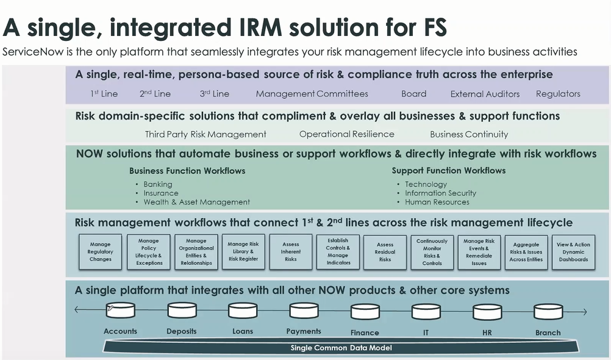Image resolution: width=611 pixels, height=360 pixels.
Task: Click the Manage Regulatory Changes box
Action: tap(100, 251)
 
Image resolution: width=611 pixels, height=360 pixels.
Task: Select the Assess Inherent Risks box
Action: tap(291, 251)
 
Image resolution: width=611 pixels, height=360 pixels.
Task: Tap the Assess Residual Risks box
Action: tap(385, 251)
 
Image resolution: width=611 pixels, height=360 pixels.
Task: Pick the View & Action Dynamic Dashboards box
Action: tap(573, 251)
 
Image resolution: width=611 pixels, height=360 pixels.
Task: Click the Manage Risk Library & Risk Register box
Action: tap(243, 251)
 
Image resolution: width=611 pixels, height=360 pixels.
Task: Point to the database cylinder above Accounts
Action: tap(120, 311)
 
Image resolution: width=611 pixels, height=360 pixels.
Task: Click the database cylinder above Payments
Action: tap(304, 311)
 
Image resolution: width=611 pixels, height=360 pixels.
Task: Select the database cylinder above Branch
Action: tap(548, 312)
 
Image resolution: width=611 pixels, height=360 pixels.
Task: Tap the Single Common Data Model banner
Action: tap(341, 348)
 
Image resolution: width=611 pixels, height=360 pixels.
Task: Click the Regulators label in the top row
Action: tap(558, 94)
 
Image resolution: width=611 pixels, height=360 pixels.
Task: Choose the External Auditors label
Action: tap(485, 94)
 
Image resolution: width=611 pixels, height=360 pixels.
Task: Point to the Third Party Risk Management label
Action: tap(205, 134)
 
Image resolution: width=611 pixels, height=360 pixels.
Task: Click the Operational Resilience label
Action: tap(346, 134)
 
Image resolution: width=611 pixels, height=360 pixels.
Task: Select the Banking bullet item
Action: tap(157, 184)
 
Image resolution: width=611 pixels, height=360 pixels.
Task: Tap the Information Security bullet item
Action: tap(440, 193)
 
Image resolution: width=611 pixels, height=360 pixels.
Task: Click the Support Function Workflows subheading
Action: tap(448, 171)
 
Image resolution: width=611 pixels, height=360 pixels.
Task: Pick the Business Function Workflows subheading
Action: tap(187, 171)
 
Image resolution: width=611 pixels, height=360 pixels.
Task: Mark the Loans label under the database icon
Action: tap(242, 331)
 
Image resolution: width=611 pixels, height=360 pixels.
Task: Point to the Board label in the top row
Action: tap(413, 94)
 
